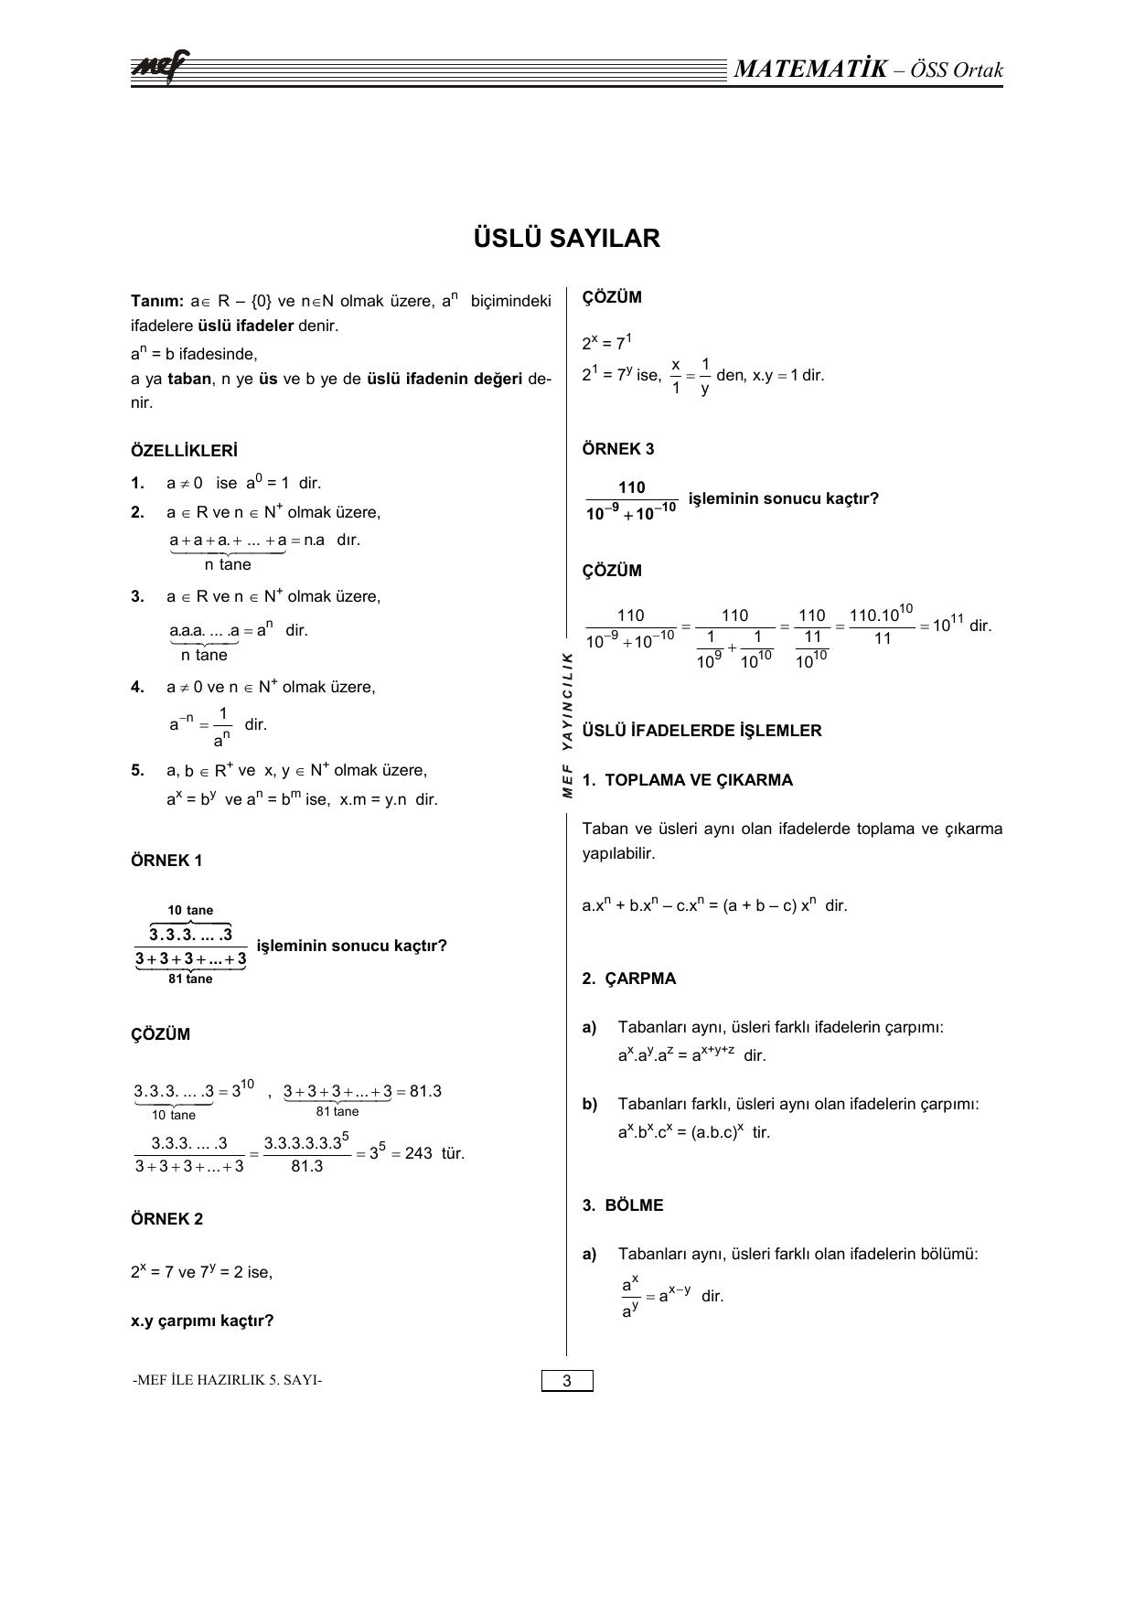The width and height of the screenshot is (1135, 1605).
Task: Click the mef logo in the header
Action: [161, 67]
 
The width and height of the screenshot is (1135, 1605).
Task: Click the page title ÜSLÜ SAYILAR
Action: [567, 239]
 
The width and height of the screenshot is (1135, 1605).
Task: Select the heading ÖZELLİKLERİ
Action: [184, 451]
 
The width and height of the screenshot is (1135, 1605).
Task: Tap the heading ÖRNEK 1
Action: [166, 861]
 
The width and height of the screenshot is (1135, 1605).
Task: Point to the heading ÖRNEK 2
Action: [166, 1219]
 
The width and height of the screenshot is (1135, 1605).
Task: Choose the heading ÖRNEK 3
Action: [618, 449]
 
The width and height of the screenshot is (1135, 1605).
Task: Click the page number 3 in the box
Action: [567, 1381]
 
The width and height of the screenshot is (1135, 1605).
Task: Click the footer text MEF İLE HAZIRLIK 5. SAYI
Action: [227, 1380]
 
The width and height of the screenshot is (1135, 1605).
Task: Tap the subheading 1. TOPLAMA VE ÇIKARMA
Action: [687, 780]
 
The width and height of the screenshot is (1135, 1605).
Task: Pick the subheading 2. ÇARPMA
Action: [629, 979]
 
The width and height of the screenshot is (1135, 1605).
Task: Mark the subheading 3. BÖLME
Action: [623, 1205]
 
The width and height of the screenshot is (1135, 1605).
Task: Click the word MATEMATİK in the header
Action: [810, 70]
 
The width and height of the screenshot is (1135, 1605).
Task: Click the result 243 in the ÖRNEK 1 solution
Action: [418, 1153]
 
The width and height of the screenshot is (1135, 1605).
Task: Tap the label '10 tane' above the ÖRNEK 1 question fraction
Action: [190, 910]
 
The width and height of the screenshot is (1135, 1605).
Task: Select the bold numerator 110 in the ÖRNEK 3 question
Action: [632, 488]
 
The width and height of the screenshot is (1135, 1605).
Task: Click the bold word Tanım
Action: [157, 301]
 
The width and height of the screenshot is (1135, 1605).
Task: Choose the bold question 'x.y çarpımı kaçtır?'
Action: [202, 1321]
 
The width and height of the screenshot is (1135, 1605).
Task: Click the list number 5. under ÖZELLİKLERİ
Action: [137, 770]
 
